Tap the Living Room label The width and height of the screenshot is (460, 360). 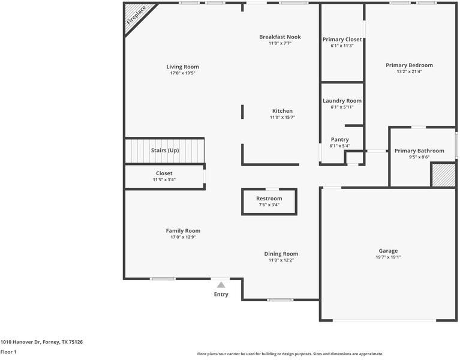pos(182,67)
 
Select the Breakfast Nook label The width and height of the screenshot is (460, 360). pos(279,37)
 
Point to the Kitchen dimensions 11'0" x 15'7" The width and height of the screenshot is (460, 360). pos(282,118)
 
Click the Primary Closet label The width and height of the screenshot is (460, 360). pos(342,39)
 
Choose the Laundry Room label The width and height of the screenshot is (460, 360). pos(342,101)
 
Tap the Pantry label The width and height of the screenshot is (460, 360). pos(339,140)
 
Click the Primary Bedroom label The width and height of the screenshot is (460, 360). pos(409,65)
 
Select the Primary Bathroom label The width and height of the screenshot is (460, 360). pos(419,151)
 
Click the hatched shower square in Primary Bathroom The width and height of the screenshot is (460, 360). pos(443,176)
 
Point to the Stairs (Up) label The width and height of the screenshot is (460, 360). pos(165,150)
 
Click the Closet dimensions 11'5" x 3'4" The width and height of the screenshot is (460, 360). pos(164,179)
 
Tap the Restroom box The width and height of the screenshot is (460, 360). pos(269,202)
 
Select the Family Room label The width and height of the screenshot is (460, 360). pos(183,230)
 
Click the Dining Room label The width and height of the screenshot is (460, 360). pos(281,253)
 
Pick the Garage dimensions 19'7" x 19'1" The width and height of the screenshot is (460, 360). pos(388,257)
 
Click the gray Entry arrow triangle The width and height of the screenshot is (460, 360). pos(221,285)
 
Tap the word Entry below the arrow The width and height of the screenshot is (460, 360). pos(221,294)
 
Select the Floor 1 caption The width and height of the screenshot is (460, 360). pos(8,352)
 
